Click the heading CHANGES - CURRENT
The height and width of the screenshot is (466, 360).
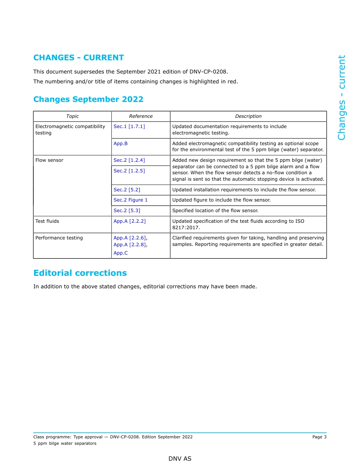click(x=78, y=58)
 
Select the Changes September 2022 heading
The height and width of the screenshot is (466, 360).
click(x=88, y=99)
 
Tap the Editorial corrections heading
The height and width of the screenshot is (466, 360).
click(x=80, y=273)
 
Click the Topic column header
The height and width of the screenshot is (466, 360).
click(x=72, y=116)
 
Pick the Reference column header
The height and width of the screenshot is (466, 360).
click(x=141, y=116)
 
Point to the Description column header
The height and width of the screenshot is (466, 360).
click(x=248, y=116)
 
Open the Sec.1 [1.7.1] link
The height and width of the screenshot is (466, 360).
click(x=129, y=127)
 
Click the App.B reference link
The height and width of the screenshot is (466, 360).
click(x=121, y=144)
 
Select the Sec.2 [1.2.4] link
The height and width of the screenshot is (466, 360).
click(x=129, y=160)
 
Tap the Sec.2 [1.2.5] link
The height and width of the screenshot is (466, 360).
click(x=129, y=171)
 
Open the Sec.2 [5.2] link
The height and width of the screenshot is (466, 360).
click(x=127, y=190)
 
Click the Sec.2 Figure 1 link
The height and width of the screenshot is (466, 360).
click(x=130, y=200)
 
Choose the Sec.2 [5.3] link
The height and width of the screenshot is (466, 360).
click(x=127, y=211)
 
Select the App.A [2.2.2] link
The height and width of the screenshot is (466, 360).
click(x=129, y=221)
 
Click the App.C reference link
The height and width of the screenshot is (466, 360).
click(x=121, y=253)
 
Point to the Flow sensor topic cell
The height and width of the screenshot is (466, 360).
click(x=49, y=160)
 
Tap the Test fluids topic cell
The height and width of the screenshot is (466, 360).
click(x=47, y=221)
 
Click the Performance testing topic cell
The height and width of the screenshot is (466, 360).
click(x=59, y=238)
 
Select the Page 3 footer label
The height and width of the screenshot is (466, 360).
click(x=319, y=437)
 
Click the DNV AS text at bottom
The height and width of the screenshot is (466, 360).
click(x=180, y=459)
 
